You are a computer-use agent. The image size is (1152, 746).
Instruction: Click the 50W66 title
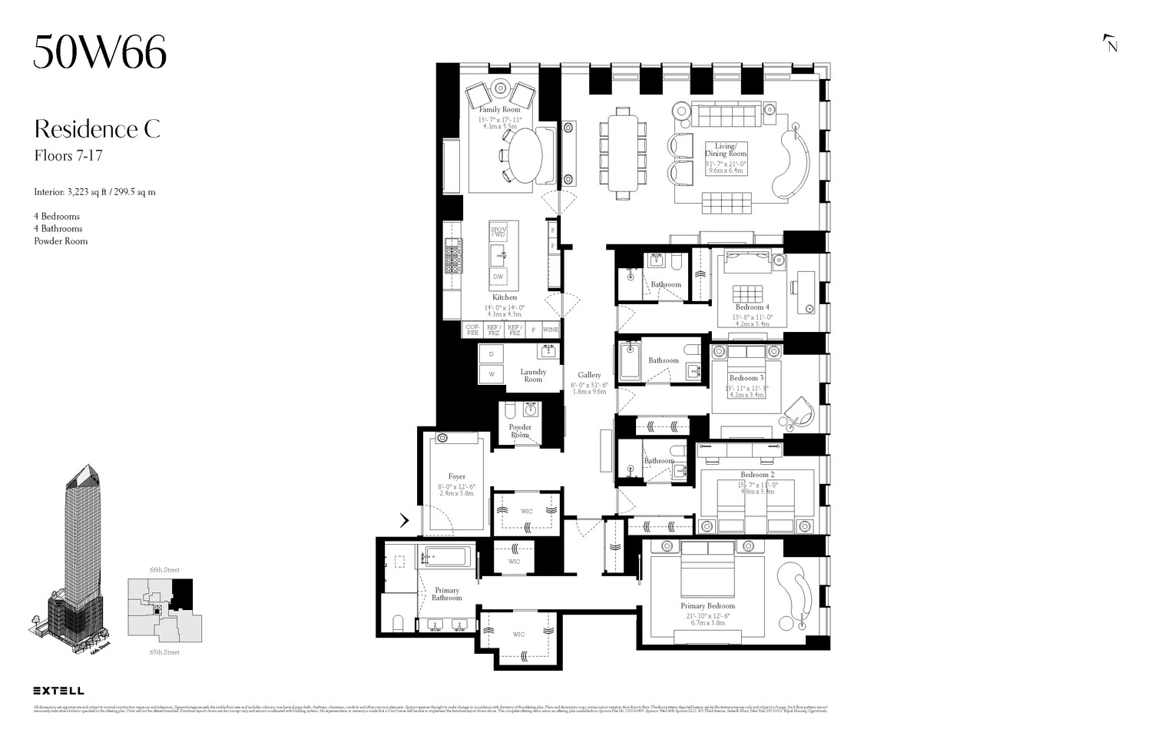point(100,53)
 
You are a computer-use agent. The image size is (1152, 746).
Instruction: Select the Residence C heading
point(97,129)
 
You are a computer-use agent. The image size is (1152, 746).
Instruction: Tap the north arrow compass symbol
point(1111,44)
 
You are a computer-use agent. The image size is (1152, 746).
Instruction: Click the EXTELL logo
point(59,691)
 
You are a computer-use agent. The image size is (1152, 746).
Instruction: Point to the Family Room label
point(500,110)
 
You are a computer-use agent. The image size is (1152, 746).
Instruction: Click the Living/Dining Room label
point(726,150)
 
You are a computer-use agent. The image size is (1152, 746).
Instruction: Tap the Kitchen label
point(505,297)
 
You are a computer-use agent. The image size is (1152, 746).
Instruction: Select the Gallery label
point(589,375)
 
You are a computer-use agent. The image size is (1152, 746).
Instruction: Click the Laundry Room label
point(533,376)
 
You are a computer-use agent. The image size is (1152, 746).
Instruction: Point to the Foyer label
point(456,476)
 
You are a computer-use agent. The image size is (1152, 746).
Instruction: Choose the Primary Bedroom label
point(707,606)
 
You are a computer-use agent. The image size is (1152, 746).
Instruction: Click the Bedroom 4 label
point(752,307)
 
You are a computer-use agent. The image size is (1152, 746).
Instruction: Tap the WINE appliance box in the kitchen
point(551,330)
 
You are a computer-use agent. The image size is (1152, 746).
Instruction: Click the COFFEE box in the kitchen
point(472,330)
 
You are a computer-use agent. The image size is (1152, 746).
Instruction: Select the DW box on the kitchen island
point(498,277)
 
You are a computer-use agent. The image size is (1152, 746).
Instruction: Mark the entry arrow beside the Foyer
point(404,520)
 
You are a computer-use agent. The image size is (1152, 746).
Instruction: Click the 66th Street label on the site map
point(164,570)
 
